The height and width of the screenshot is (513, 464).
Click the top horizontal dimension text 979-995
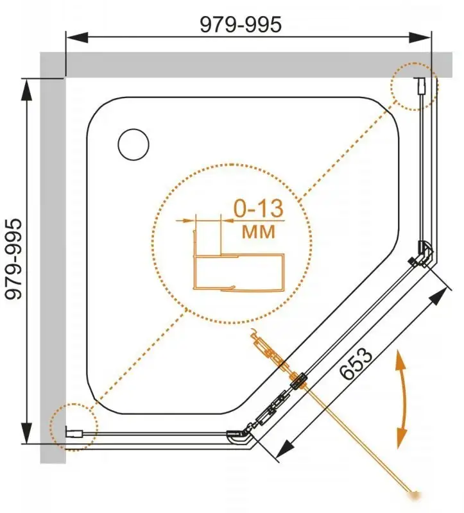click(241, 24)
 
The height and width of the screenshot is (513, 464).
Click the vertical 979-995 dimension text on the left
click(14, 259)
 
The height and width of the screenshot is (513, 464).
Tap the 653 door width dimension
click(356, 364)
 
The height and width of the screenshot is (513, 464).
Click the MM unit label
click(259, 231)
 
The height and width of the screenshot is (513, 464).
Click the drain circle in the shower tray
click(133, 144)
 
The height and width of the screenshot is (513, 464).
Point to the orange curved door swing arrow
click(401, 398)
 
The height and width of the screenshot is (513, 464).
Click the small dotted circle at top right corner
click(414, 87)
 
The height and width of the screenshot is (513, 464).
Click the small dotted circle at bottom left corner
click(74, 427)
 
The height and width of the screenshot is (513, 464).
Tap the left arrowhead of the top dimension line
click(77, 37)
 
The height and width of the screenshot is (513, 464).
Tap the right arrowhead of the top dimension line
click(420, 37)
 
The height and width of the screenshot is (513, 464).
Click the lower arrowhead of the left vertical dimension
click(26, 432)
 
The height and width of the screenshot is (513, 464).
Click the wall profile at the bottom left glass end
click(74, 433)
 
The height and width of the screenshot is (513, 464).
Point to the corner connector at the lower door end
click(241, 436)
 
